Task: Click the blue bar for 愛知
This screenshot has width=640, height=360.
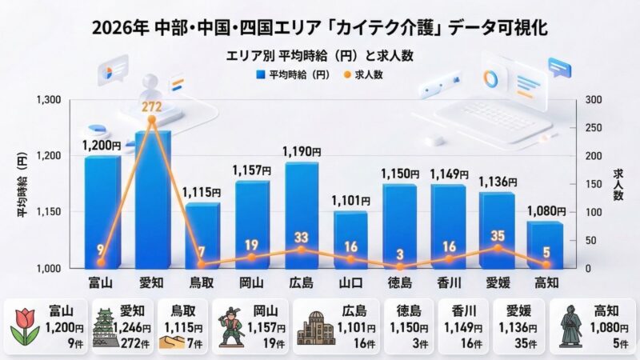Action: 152,200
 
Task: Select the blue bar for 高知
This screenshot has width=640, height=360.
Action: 545,245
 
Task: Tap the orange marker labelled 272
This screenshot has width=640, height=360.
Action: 151,119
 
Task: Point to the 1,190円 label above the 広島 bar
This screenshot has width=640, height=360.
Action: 302,151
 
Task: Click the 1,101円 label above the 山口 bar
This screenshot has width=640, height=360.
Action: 352,201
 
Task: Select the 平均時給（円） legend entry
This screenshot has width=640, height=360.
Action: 293,74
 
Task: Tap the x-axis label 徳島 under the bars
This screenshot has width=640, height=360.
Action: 400,282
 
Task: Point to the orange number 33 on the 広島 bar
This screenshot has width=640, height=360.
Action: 301,237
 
